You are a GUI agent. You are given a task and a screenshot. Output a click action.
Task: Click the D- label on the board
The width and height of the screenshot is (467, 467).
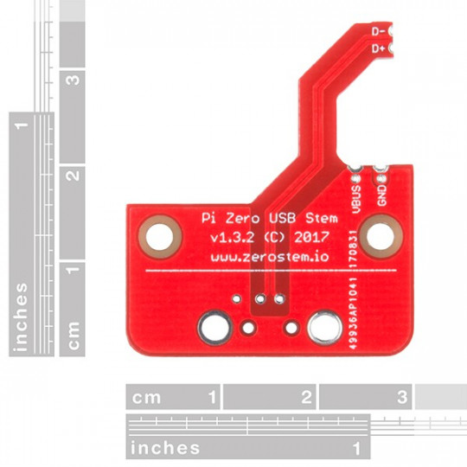[378, 31]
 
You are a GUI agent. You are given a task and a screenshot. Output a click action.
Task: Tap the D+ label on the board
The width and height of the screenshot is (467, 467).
[378, 48]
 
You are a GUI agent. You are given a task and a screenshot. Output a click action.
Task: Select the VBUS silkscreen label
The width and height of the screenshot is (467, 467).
[356, 192]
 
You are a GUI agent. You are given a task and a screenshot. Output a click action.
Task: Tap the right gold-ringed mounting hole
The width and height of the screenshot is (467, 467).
[377, 234]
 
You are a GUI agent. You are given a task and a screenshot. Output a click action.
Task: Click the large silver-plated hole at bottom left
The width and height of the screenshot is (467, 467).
[214, 327]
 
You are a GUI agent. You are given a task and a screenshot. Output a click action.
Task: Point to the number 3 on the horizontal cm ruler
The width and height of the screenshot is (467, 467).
[401, 398]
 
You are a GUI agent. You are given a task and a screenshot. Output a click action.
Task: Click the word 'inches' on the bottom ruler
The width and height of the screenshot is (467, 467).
[165, 448]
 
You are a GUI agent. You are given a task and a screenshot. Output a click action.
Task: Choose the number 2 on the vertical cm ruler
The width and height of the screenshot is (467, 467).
[74, 175]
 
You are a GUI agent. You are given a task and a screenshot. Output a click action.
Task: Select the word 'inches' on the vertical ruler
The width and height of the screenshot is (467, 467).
[22, 317]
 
